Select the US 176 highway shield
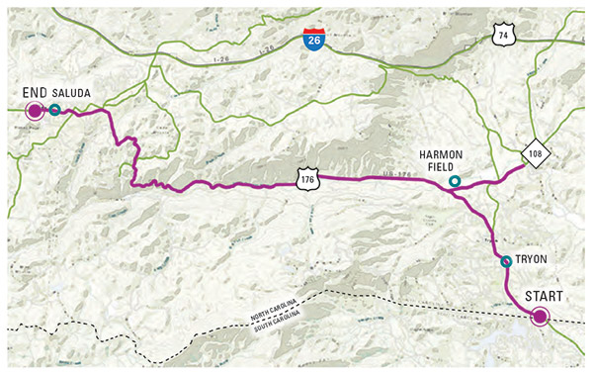(x=306, y=178)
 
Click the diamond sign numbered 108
(x=535, y=155)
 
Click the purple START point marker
(x=540, y=318)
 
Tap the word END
(x=35, y=92)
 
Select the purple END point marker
(x=35, y=110)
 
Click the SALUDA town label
(x=73, y=92)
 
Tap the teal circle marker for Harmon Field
(x=454, y=181)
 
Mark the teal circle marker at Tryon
(x=506, y=261)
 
